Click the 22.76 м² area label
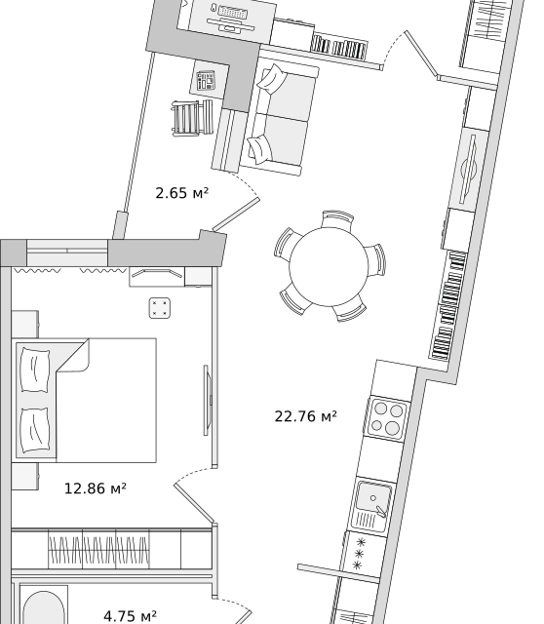point(305,416)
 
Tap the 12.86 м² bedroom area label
point(96,488)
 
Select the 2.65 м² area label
point(182,193)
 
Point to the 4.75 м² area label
point(130,616)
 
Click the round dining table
point(329,266)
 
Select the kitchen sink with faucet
point(370,506)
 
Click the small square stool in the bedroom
point(160,308)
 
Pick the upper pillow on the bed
point(35,370)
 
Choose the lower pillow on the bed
point(35,430)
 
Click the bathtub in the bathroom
point(43,605)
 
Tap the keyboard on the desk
point(232,13)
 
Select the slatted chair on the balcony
point(192,118)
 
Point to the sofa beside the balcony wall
point(280,120)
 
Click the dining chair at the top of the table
point(338,217)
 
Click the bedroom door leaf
point(195,503)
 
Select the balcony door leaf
point(236,214)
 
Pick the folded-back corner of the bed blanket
point(75,355)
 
